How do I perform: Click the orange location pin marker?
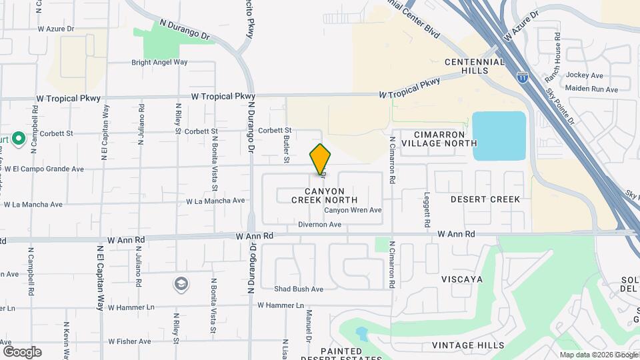coord(320,159)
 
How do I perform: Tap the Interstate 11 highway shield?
coord(523,77)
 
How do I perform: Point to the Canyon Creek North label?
coord(325,195)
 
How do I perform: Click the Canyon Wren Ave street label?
coord(353,210)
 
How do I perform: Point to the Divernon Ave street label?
coord(319,225)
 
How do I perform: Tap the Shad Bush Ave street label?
coord(299,289)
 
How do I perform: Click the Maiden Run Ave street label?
coord(591,89)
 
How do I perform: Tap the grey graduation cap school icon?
coord(181,285)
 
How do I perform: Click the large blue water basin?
coord(499,136)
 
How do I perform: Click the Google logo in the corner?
coord(22,352)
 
